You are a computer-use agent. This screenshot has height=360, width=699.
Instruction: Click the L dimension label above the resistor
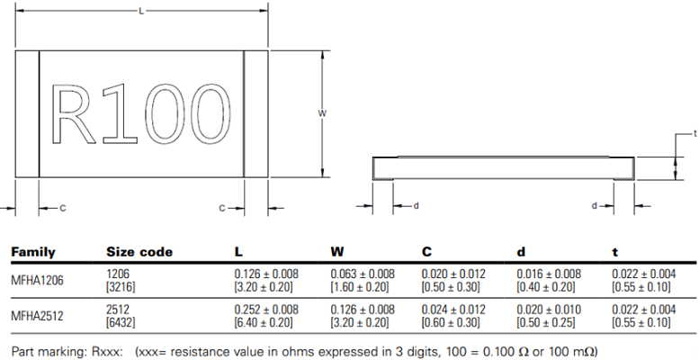(141, 10)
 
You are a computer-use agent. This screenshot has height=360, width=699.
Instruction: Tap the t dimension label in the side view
(695, 133)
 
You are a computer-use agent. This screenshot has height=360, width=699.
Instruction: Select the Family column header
(32, 252)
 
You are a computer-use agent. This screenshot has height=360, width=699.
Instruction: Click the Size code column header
(139, 252)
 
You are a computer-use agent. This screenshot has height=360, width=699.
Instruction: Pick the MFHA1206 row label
(38, 280)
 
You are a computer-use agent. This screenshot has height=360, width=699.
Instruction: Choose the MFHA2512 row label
(38, 316)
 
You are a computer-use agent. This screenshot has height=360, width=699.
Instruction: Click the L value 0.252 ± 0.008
(266, 310)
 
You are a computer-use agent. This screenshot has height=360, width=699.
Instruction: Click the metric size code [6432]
(122, 322)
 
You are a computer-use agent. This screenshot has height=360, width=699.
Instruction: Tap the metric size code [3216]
(122, 286)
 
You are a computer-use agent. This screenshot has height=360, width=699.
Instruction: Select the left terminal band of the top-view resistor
(27, 113)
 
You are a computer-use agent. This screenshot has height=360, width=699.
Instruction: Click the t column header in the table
(615, 252)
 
